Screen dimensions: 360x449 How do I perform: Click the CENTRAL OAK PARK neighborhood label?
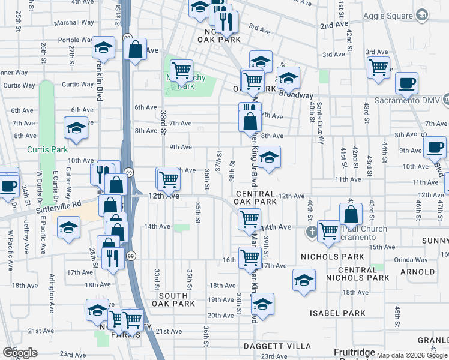pyautogui.click(x=256, y=198)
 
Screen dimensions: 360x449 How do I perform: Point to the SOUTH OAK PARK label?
pyautogui.click(x=177, y=299)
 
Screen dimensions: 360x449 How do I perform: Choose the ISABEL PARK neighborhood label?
pyautogui.click(x=337, y=313)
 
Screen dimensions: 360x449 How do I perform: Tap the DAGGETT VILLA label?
pyautogui.click(x=277, y=346)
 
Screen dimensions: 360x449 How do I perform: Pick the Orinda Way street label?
pyautogui.click(x=411, y=260)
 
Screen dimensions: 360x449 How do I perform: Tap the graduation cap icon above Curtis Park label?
pyautogui.click(x=76, y=128)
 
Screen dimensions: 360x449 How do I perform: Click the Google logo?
pyautogui.click(x=20, y=353)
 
